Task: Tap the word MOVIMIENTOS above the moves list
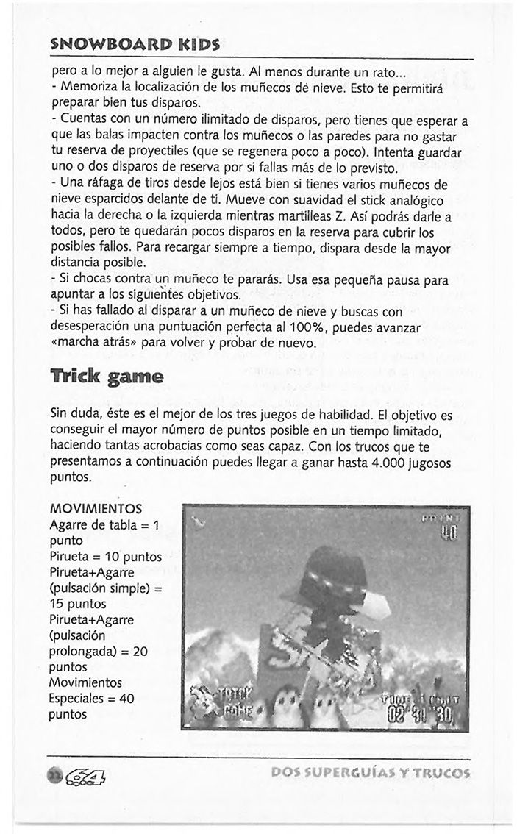pos(95,510)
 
